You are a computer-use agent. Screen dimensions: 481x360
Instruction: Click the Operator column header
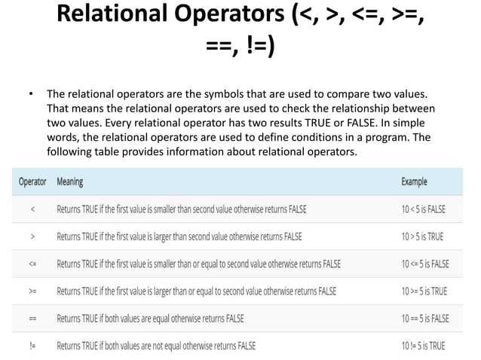coord(32,182)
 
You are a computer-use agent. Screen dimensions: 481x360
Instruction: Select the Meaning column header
coord(70,182)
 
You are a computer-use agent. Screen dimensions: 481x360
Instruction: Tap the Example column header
coord(414,182)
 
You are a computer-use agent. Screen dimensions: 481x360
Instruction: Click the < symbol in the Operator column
coord(32,209)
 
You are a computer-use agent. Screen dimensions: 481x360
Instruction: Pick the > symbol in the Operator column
coord(32,236)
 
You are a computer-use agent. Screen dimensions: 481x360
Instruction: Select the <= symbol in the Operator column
coord(32,264)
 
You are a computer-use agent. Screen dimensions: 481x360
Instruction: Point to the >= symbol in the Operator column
coord(32,291)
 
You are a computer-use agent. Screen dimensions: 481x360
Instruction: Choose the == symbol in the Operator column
coord(32,318)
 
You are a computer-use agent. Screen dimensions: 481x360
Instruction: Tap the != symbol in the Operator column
coord(32,346)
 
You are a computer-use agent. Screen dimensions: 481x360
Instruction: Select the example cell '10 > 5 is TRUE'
coord(423,236)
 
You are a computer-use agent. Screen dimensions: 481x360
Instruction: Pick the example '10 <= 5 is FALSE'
coord(426,264)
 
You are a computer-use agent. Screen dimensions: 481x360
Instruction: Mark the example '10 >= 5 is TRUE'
coord(424,291)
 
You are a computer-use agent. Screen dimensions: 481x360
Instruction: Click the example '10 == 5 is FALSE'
coord(426,318)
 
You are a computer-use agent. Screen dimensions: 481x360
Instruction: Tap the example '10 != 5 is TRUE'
coord(424,346)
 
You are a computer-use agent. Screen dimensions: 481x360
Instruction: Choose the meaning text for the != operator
coord(156,346)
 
